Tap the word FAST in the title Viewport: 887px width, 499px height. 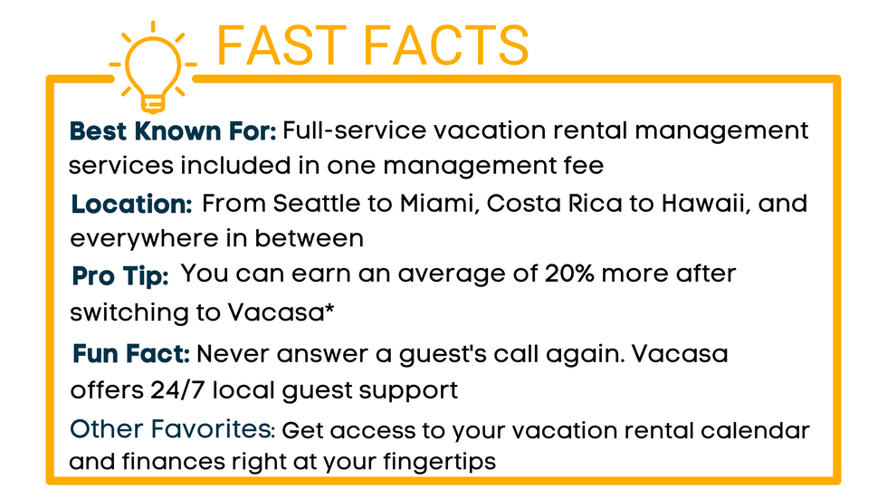[281, 46]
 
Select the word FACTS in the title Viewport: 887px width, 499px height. [445, 46]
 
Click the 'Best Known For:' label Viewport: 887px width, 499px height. [173, 131]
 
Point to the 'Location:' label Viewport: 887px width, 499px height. [132, 205]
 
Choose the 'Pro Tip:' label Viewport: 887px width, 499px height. [120, 276]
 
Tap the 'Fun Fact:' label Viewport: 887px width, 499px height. [131, 353]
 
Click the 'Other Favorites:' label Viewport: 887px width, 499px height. [172, 429]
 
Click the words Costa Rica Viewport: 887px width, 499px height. [554, 204]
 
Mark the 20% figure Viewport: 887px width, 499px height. [569, 273]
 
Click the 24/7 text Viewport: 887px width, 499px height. [177, 390]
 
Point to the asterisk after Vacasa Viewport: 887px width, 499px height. [329, 308]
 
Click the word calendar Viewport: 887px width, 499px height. [755, 430]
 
